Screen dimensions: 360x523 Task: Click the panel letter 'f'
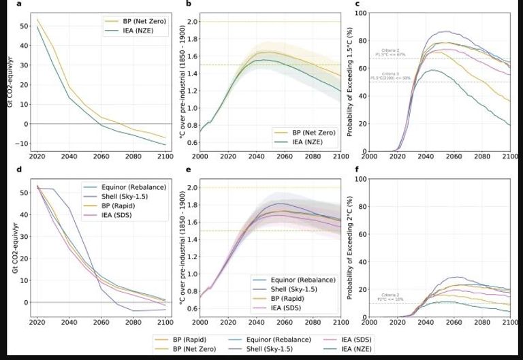click(x=358, y=169)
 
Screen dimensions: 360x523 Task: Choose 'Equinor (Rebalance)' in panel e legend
click(x=300, y=280)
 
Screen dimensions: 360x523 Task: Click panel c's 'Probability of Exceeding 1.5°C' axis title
click(x=349, y=82)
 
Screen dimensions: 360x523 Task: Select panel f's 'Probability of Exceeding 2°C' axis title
click(x=349, y=247)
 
